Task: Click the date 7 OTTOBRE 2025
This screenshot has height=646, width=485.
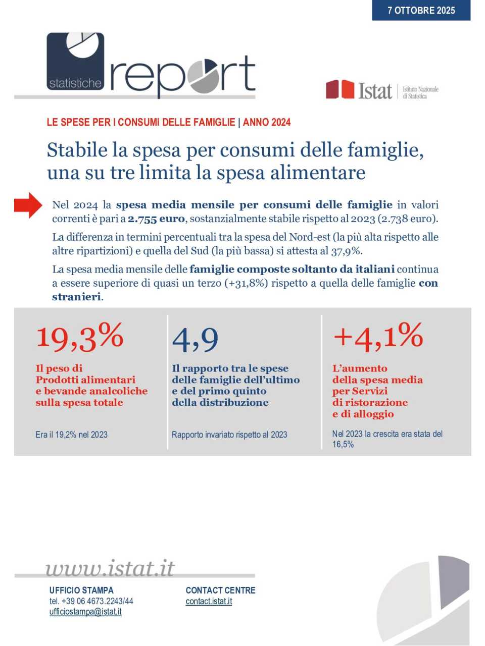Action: click(421, 10)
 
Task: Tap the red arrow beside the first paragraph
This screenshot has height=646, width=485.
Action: click(28, 205)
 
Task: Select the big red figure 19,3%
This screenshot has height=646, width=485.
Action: click(80, 337)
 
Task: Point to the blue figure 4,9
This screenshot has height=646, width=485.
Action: click(195, 339)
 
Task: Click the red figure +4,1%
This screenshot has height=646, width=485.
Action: click(378, 337)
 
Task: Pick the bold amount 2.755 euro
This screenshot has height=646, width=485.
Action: click(156, 219)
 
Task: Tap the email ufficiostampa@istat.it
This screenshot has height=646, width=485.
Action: click(85, 612)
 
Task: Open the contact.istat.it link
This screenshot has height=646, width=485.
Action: click(209, 601)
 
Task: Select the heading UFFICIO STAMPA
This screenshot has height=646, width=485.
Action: click(81, 590)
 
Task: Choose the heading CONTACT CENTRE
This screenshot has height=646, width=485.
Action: click(220, 590)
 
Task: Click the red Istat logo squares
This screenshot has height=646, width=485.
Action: click(340, 89)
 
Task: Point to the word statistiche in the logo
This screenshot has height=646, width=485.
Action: click(75, 83)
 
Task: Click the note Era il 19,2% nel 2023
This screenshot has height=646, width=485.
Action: click(71, 435)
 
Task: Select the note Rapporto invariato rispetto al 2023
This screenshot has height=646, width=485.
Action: click(229, 435)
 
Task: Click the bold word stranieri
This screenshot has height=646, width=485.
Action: click(76, 297)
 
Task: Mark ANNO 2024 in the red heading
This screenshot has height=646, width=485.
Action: click(267, 122)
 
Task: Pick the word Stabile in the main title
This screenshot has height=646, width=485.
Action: click(77, 150)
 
